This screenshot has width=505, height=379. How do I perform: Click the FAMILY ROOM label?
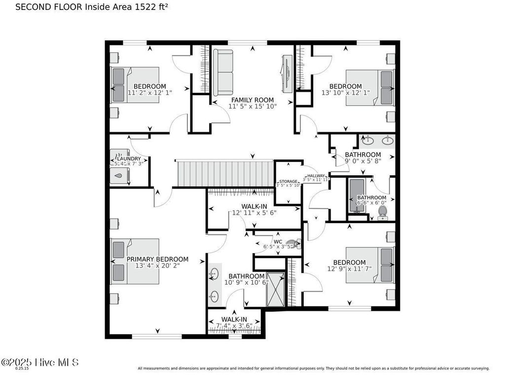point(252,100)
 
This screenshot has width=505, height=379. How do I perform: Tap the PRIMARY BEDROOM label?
point(157,259)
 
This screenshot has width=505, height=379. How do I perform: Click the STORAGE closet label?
point(289,182)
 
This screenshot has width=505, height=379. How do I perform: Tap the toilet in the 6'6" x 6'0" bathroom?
point(382,212)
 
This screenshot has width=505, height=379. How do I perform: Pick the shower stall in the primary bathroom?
point(276,289)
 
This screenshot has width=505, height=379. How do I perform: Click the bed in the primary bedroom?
point(135,261)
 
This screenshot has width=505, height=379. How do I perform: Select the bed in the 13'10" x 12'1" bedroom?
point(370,87)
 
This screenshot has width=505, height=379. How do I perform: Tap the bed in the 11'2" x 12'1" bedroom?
point(136,85)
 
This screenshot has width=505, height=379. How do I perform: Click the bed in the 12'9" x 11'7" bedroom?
point(370,265)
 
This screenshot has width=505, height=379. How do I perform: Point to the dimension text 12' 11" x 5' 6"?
point(254,213)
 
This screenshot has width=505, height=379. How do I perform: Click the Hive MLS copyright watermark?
point(39,362)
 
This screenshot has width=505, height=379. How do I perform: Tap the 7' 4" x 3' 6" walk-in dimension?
point(234,326)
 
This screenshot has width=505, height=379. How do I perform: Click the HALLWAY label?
point(316,176)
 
